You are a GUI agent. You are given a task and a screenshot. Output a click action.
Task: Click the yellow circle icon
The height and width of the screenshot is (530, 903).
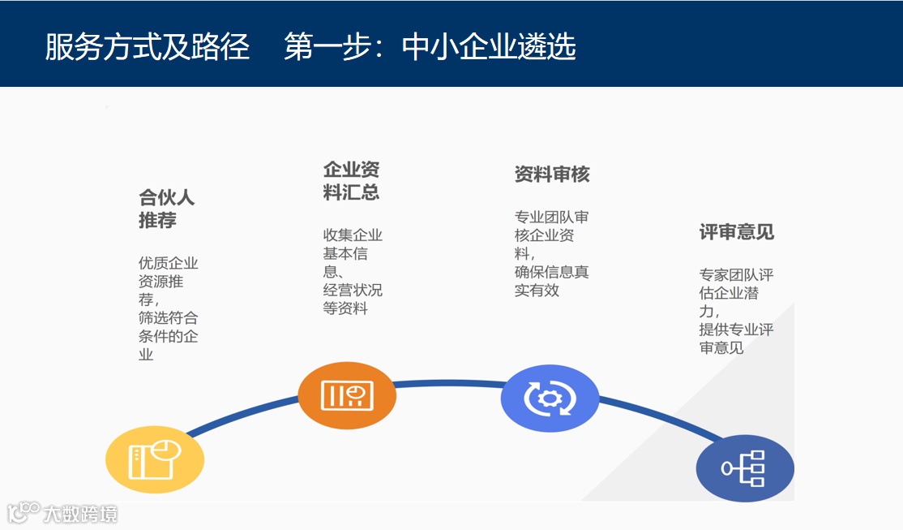tap(155, 460)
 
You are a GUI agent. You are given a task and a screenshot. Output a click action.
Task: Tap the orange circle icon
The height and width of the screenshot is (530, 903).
tap(347, 395)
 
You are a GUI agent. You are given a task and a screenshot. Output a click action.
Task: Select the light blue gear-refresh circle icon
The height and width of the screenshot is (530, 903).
tap(550, 398)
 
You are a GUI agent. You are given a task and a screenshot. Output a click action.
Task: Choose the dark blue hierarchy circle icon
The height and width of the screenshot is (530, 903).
tap(745, 468)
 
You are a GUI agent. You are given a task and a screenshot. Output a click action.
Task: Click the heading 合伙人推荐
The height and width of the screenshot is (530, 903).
tap(166, 209)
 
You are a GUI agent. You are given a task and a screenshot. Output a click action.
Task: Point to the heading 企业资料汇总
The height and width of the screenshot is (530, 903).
tap(351, 181)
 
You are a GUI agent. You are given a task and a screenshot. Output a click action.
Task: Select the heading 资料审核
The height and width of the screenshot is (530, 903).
tap(552, 175)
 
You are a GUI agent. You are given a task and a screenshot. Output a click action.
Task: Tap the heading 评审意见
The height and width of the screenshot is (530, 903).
tap(736, 232)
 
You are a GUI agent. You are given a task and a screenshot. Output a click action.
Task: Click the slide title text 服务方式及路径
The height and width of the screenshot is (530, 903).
tap(147, 47)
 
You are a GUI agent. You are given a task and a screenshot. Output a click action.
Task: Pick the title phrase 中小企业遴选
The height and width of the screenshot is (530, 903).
tap(489, 47)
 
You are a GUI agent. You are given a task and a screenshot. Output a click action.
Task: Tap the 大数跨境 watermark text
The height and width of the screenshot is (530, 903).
tap(80, 514)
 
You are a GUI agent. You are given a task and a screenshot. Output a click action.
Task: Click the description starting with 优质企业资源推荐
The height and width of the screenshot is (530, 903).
tap(168, 308)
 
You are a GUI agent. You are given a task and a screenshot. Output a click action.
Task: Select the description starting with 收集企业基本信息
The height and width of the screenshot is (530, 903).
tap(353, 272)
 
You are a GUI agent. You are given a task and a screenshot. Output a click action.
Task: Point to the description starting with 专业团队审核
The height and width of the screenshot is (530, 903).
tap(551, 253)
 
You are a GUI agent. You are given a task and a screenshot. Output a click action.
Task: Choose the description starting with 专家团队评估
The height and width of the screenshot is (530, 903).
tap(736, 311)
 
